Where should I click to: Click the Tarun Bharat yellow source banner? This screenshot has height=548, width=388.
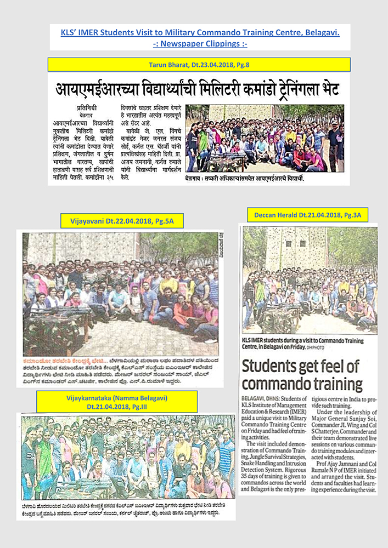pyautogui.click(x=198, y=65)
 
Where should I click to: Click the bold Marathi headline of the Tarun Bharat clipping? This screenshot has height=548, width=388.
pyautogui.click(x=197, y=89)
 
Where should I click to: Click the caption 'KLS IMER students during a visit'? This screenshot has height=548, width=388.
pyautogui.click(x=303, y=344)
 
